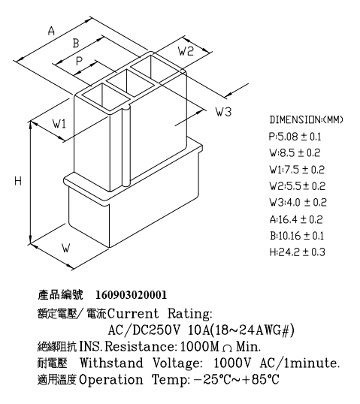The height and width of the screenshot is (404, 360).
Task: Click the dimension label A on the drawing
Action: [52, 31]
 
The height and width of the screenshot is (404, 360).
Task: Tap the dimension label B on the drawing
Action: [76, 43]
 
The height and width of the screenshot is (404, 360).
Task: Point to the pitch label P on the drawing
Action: [79, 62]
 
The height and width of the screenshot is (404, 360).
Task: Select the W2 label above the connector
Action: [186, 51]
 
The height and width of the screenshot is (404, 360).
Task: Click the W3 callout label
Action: [223, 112]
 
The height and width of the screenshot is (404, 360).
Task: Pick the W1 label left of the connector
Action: [59, 124]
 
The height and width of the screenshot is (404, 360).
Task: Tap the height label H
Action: [18, 181]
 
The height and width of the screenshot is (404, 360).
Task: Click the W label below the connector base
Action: [66, 248]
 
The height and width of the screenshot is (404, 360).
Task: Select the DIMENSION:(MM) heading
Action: [307, 120]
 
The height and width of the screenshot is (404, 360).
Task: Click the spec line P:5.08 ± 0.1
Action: [295, 137]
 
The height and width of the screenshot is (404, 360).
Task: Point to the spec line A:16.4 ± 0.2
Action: [296, 219]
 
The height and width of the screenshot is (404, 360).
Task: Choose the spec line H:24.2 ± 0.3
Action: [298, 252]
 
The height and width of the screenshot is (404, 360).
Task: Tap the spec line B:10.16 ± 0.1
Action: [297, 236]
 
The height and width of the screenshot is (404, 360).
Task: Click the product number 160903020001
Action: [132, 295]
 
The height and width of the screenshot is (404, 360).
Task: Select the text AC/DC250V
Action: [144, 330]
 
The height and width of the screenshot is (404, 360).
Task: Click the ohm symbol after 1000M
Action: [227, 348]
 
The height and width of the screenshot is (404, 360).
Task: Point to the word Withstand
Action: [111, 363]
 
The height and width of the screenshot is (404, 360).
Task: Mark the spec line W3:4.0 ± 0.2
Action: [298, 203]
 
